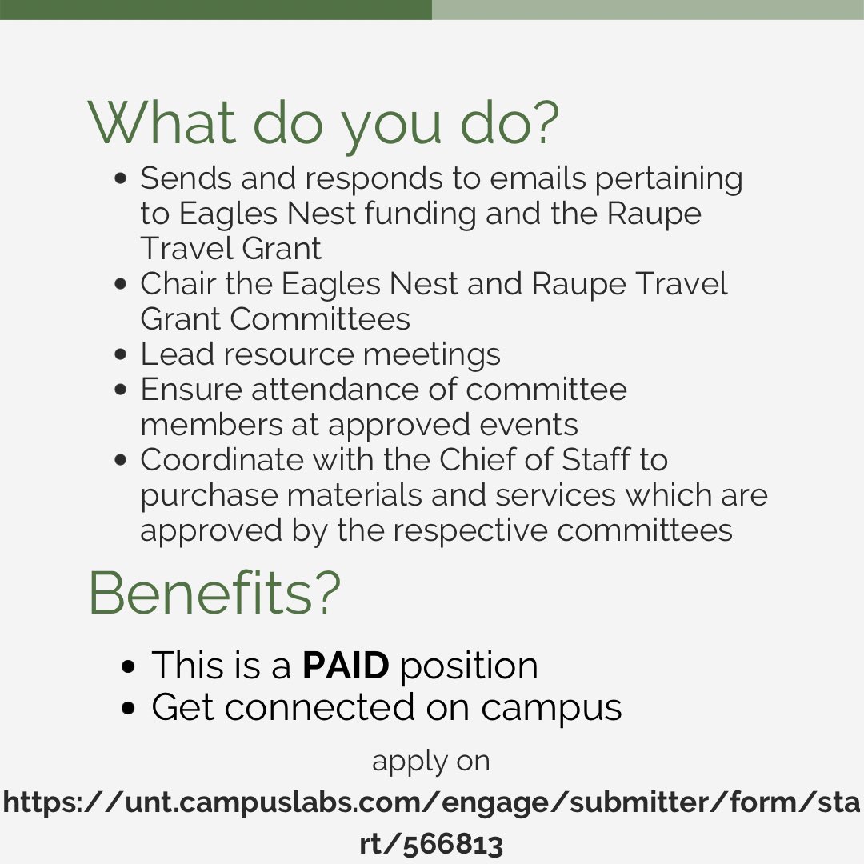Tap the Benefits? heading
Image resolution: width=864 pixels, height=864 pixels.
click(214, 593)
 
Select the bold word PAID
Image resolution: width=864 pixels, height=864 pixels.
click(346, 666)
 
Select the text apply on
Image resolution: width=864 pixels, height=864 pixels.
click(431, 761)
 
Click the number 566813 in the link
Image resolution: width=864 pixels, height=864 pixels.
click(453, 844)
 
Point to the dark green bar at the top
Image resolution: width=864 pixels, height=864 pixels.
click(216, 10)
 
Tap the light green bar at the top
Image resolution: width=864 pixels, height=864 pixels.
click(648, 10)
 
